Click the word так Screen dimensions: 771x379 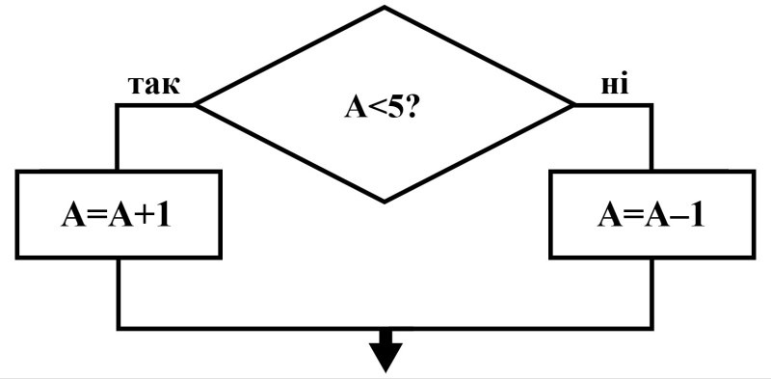click(x=154, y=85)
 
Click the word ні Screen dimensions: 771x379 click(x=615, y=84)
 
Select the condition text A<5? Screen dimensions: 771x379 click(x=381, y=107)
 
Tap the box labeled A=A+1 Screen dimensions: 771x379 click(x=119, y=214)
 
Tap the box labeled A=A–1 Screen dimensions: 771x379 click(x=652, y=214)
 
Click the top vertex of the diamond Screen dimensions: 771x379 click(x=384, y=7)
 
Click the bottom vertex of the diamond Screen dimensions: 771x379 click(x=384, y=202)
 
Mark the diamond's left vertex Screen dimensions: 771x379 click(x=196, y=104)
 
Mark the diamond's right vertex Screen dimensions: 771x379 click(x=573, y=104)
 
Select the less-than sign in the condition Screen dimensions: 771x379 click(x=376, y=108)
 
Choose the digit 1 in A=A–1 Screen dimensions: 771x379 click(x=696, y=215)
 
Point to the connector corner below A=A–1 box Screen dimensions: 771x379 click(x=652, y=327)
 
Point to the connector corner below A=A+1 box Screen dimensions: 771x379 click(x=119, y=327)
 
